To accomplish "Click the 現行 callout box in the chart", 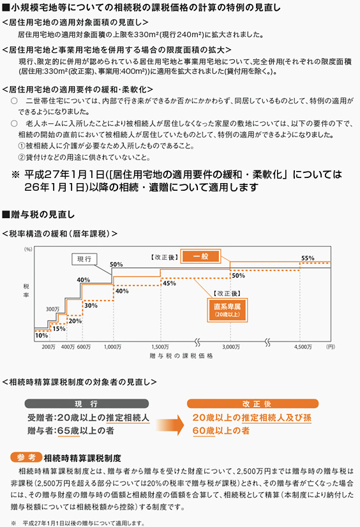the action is click(x=84, y=259).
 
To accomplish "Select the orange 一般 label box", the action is click(x=200, y=256).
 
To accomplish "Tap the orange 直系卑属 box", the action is click(x=227, y=310).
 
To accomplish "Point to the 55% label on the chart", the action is click(x=308, y=258).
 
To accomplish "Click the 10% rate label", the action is click(x=41, y=336).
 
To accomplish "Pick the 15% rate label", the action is click(x=59, y=329).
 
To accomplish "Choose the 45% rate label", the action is click(x=169, y=283).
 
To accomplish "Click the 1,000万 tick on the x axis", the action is click(x=112, y=347).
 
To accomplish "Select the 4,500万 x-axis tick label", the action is click(x=303, y=347).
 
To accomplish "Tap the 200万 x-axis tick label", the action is click(x=49, y=347).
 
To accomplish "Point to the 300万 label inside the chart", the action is click(x=53, y=309).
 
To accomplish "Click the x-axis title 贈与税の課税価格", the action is click(x=181, y=356).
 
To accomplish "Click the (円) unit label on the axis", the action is click(x=331, y=347).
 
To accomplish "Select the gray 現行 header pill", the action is click(x=86, y=404).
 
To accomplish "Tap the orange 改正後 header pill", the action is click(x=252, y=404).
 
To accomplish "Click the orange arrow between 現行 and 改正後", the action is click(x=170, y=425).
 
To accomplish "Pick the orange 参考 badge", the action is click(x=26, y=457).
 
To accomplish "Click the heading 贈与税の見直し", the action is click(x=39, y=214).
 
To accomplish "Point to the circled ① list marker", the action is click(x=22, y=146).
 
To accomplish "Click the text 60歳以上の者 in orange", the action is click(x=221, y=431).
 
